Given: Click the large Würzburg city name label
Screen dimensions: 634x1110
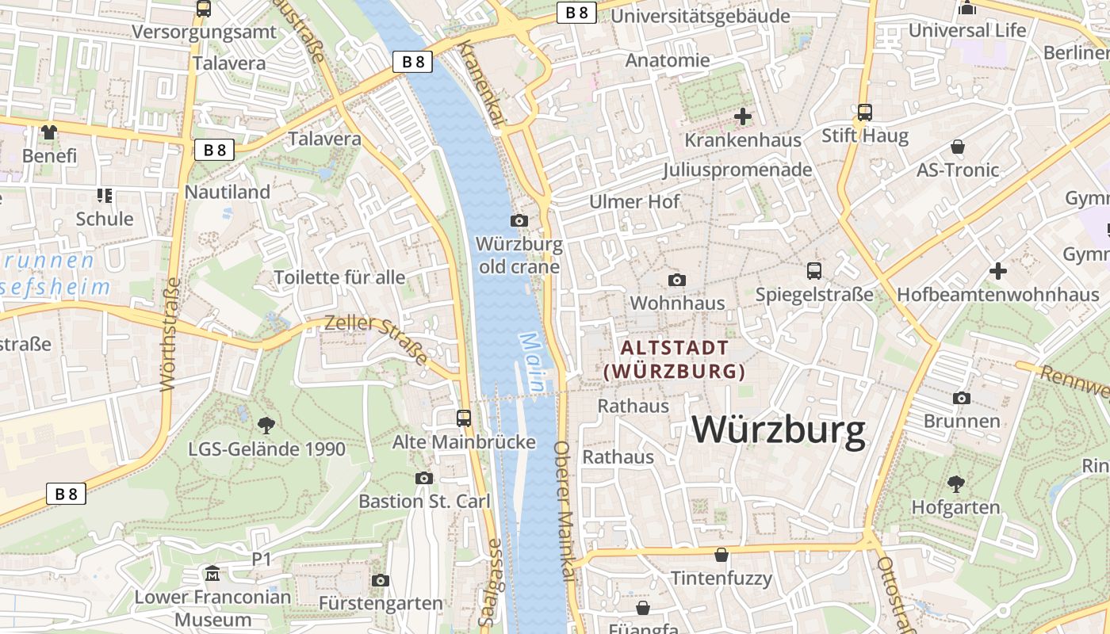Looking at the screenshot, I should point(779,430).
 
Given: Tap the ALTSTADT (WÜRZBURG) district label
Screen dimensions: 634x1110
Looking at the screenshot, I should point(675,359).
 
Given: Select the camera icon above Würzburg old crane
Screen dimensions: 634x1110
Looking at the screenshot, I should point(519,220).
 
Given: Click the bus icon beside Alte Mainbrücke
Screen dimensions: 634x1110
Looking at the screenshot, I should point(464,418).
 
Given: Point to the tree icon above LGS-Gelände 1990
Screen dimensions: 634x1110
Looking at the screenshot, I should point(266,425).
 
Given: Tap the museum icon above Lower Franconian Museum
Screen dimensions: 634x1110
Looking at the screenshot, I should point(212,573).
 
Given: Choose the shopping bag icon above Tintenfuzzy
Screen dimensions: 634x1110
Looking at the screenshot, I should point(721,555).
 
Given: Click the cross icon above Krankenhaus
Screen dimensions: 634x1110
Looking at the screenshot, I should point(743,116).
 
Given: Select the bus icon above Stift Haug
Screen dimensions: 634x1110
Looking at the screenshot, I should point(864,112).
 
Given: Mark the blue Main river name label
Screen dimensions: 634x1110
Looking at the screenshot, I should point(531,361).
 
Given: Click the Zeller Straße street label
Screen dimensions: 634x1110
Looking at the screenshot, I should point(377,338).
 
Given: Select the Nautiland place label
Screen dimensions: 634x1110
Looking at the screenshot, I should point(228,192).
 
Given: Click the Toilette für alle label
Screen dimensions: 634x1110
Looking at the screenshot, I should point(339,277).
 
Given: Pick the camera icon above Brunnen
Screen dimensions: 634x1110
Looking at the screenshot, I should point(962,398).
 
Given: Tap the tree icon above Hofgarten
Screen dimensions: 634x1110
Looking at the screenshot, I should point(956,483).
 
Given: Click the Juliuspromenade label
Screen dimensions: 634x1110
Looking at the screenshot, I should point(737,170).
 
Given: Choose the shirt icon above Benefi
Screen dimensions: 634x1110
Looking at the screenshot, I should point(49,132).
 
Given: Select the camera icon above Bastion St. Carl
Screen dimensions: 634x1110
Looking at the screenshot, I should point(424,478).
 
